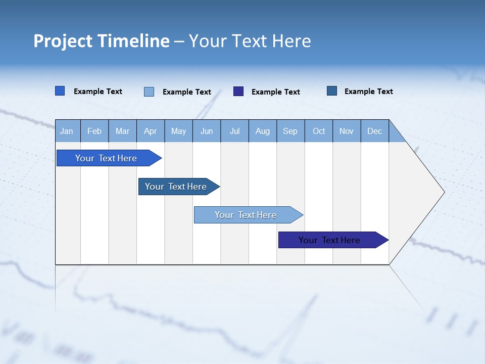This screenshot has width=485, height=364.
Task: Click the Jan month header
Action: click(67, 131)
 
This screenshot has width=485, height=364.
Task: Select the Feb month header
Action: click(94, 131)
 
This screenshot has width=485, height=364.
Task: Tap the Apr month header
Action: click(151, 131)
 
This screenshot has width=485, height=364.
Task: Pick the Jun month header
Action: click(207, 131)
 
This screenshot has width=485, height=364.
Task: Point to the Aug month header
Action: click(263, 131)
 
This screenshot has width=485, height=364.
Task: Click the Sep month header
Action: click(290, 131)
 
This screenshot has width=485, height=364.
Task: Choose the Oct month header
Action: click(319, 131)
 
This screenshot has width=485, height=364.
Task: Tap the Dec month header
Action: click(375, 131)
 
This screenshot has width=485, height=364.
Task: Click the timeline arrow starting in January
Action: click(106, 158)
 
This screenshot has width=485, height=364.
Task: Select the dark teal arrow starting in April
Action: click(176, 187)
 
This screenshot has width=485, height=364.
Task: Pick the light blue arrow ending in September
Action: click(246, 215)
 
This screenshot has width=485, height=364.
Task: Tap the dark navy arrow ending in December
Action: click(329, 240)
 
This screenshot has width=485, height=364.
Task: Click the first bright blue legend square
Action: click(60, 91)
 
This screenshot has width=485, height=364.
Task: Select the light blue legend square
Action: click(149, 92)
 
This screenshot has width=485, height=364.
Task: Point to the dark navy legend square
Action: click(238, 92)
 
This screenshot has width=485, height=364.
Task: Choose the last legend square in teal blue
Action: click(332, 91)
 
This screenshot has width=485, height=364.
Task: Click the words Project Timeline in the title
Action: click(102, 41)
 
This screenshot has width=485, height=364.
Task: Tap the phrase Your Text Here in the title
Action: click(250, 41)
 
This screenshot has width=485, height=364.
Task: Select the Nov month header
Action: click(347, 131)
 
